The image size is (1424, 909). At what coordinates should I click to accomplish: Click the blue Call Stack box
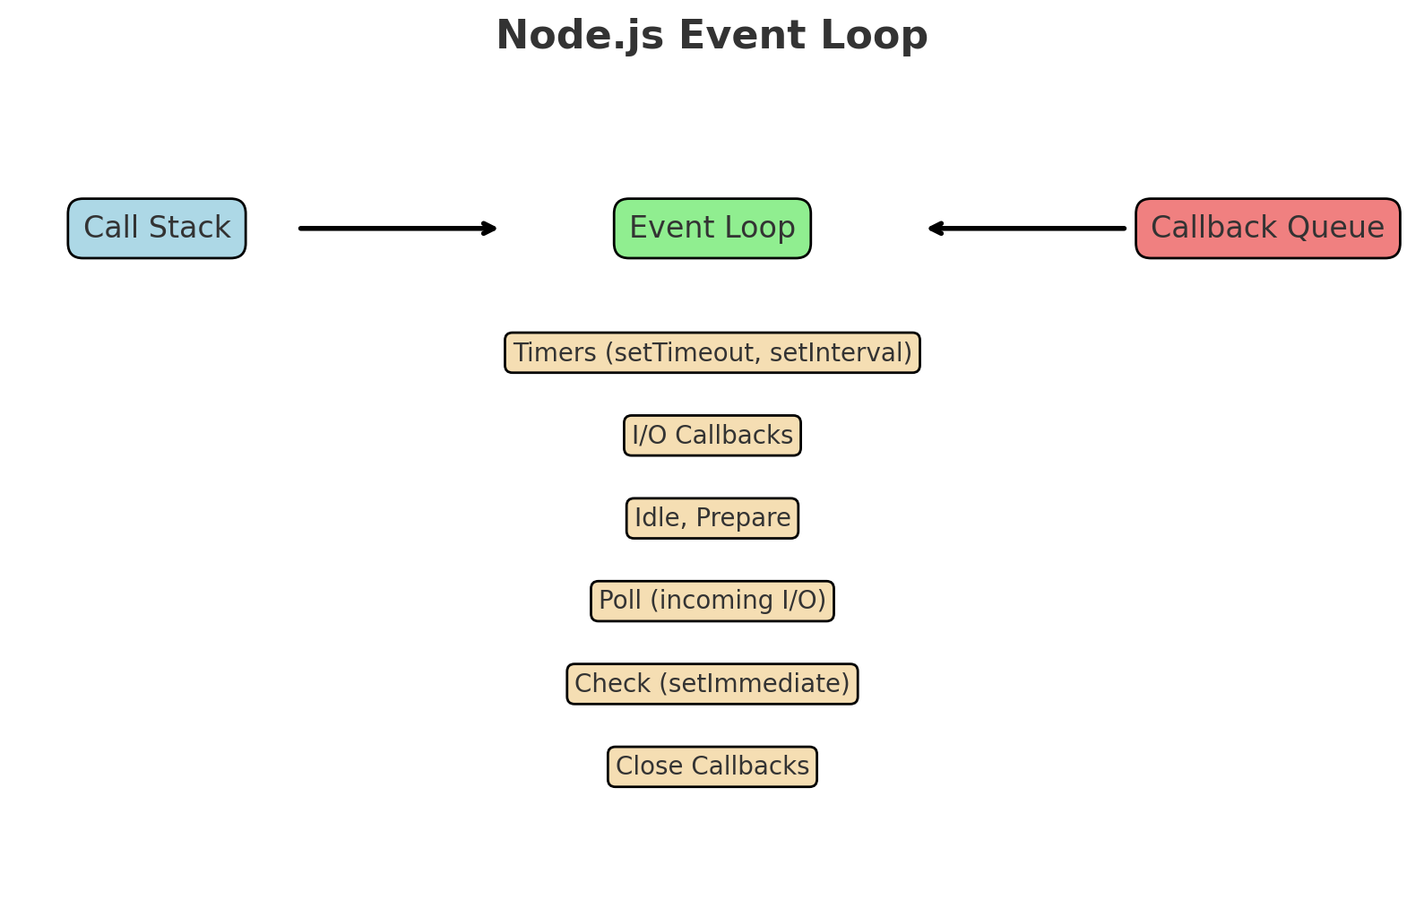(157, 229)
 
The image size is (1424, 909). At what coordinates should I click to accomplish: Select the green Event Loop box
(712, 229)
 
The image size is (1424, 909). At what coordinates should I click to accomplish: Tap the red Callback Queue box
(1267, 229)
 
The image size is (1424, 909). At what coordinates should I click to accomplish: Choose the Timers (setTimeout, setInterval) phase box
(712, 353)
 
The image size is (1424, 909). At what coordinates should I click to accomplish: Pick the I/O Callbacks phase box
(712, 436)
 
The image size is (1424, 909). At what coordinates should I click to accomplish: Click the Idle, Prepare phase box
(712, 518)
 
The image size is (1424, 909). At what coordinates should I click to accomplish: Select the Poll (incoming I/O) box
(712, 601)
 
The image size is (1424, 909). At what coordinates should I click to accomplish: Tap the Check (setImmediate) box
(712, 684)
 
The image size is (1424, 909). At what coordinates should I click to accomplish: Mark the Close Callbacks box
(712, 766)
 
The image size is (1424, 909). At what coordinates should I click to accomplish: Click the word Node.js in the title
(580, 37)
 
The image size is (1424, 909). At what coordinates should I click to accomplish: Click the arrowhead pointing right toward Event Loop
(490, 229)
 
